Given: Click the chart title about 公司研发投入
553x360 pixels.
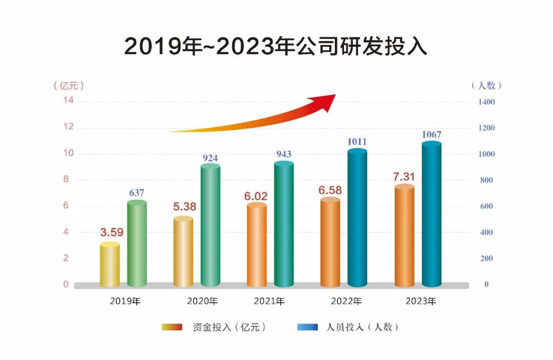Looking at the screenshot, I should pos(276,46).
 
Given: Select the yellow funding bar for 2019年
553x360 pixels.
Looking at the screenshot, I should pos(110,265).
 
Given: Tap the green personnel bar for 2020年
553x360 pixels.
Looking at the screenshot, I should pos(210,225).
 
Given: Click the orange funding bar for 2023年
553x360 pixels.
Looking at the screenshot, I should pos(405,236).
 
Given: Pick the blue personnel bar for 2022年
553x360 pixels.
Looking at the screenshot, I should pos(357,218).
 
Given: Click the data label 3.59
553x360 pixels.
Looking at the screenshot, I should pos(112,232).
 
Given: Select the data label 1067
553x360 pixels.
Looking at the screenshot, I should pos(431,135).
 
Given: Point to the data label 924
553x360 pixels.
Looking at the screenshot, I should pos(210,158).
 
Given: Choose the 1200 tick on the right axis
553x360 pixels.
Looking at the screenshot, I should pos(486,128).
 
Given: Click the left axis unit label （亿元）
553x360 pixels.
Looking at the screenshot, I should pos(69,86).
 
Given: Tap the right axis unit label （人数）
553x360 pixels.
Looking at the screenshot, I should pos(486,86).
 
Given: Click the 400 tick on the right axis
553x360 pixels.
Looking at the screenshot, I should pos(486,232).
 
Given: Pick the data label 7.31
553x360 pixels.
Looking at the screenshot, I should pos(403,177).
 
